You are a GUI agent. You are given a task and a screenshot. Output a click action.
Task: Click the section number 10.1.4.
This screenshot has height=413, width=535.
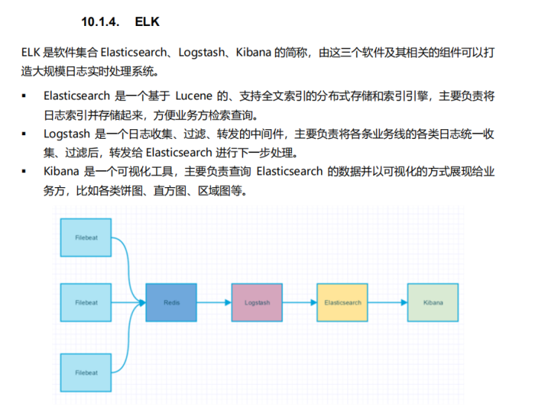(100, 22)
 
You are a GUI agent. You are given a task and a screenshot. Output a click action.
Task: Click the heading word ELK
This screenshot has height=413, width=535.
(147, 22)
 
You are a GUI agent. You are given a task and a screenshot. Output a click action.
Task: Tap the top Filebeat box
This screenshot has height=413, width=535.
(86, 238)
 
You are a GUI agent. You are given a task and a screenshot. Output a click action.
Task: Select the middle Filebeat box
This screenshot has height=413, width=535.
(86, 302)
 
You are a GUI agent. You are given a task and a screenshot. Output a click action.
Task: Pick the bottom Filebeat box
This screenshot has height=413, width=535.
(86, 372)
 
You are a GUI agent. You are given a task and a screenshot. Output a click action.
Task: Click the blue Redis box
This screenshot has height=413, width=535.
(172, 302)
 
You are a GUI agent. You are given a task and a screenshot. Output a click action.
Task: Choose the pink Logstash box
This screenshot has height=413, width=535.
(257, 302)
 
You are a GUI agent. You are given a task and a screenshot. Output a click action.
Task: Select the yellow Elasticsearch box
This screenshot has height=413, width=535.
(343, 302)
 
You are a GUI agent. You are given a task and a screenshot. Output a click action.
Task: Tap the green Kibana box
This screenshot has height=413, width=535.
(433, 302)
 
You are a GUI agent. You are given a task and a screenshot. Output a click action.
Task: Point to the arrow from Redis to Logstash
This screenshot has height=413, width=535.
(214, 302)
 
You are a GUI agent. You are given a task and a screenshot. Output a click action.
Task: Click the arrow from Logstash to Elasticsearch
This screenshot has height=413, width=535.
(299, 302)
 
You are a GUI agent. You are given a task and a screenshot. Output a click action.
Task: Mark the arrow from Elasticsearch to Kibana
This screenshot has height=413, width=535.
(388, 302)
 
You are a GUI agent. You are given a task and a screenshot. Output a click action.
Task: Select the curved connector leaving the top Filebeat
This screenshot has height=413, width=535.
(129, 270)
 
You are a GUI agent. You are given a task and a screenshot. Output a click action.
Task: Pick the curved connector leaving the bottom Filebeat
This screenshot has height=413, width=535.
(129, 338)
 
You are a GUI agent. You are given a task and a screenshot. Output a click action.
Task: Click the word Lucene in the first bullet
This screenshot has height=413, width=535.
(194, 96)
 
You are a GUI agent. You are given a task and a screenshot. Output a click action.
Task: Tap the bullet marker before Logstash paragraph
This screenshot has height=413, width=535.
(24, 134)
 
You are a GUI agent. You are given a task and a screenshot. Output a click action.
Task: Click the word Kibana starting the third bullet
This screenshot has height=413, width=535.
(62, 171)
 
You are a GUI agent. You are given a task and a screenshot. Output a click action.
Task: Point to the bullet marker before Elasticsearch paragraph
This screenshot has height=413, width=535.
(24, 96)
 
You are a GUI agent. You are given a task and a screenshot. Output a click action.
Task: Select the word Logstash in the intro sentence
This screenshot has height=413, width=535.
(201, 53)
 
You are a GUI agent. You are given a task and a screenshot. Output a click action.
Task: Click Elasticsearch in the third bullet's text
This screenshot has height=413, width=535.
(290, 171)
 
